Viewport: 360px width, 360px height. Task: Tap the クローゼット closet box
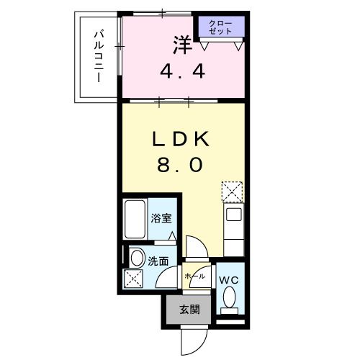pos(221,28)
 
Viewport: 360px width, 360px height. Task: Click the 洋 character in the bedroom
pos(181,45)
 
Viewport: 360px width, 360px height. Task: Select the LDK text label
pos(180,139)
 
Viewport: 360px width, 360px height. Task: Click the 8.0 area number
pos(180,165)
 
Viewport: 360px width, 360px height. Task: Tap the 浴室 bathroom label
pos(161,218)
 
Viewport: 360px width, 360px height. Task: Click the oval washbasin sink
pos(135,256)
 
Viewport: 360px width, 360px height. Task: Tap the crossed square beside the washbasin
pos(135,279)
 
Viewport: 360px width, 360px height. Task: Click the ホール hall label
pos(194,276)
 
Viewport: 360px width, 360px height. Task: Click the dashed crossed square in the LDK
pos(232,190)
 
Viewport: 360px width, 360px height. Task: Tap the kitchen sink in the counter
pos(233,214)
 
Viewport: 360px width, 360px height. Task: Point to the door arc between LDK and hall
pos(195,247)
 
